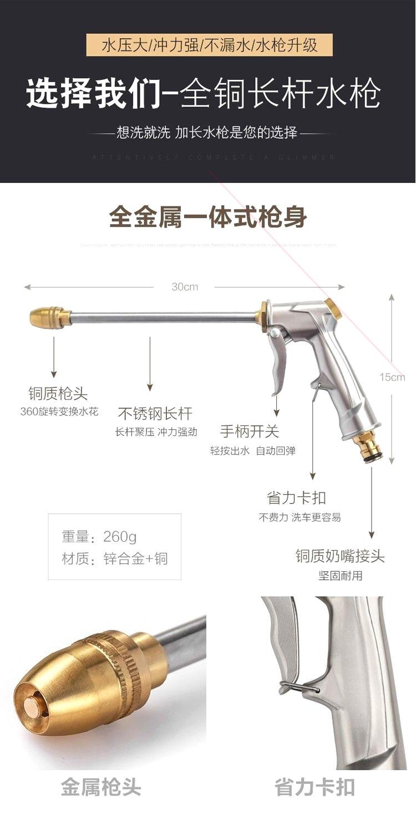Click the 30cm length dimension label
point(185,287)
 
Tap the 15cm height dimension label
point(392,377)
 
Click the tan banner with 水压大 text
point(210,45)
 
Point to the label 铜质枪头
point(58,394)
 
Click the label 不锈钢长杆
point(155,414)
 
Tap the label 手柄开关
point(250,431)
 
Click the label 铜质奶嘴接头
point(340,556)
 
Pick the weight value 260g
point(120,536)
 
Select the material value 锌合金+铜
point(135,558)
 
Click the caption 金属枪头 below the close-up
point(101,788)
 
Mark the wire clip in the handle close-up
point(300,689)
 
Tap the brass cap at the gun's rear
point(333,309)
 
